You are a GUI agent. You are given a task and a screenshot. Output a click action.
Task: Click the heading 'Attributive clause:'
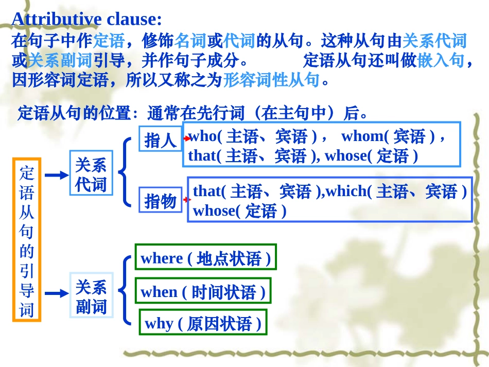pyautogui.click(x=86, y=19)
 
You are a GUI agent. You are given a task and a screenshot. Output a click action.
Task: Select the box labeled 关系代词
pyautogui.click(x=91, y=175)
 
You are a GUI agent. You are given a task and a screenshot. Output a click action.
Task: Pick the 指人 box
pyautogui.click(x=160, y=139)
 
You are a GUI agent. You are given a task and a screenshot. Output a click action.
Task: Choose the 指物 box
pyautogui.click(x=160, y=200)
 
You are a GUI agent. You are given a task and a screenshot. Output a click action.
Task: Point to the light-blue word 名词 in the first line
pyautogui.click(x=190, y=41)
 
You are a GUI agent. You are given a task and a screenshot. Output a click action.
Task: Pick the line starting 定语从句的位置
pyautogui.click(x=192, y=113)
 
